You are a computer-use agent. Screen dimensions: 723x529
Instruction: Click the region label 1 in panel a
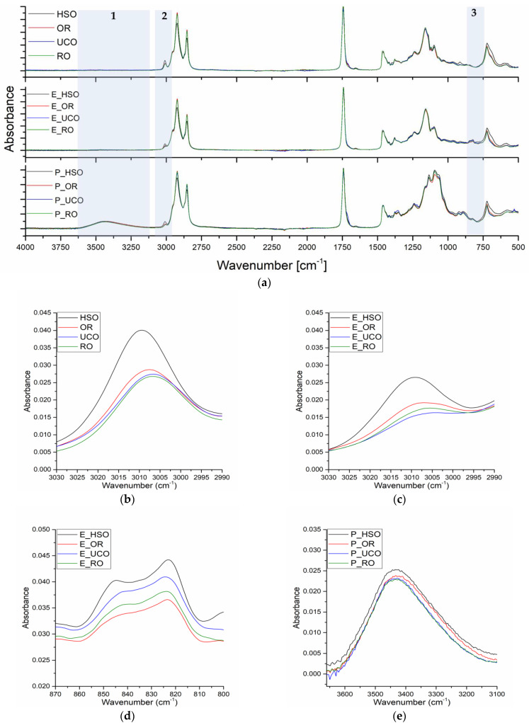(113, 16)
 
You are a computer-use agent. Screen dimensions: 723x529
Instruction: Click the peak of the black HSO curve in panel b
(141, 330)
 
